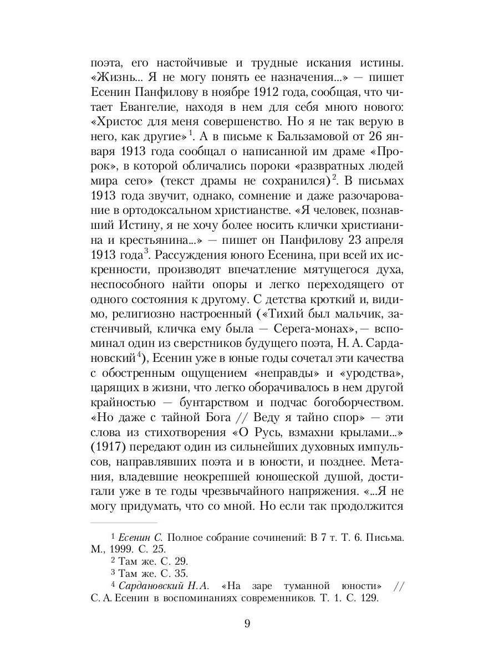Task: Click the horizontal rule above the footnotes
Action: tap(124, 522)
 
